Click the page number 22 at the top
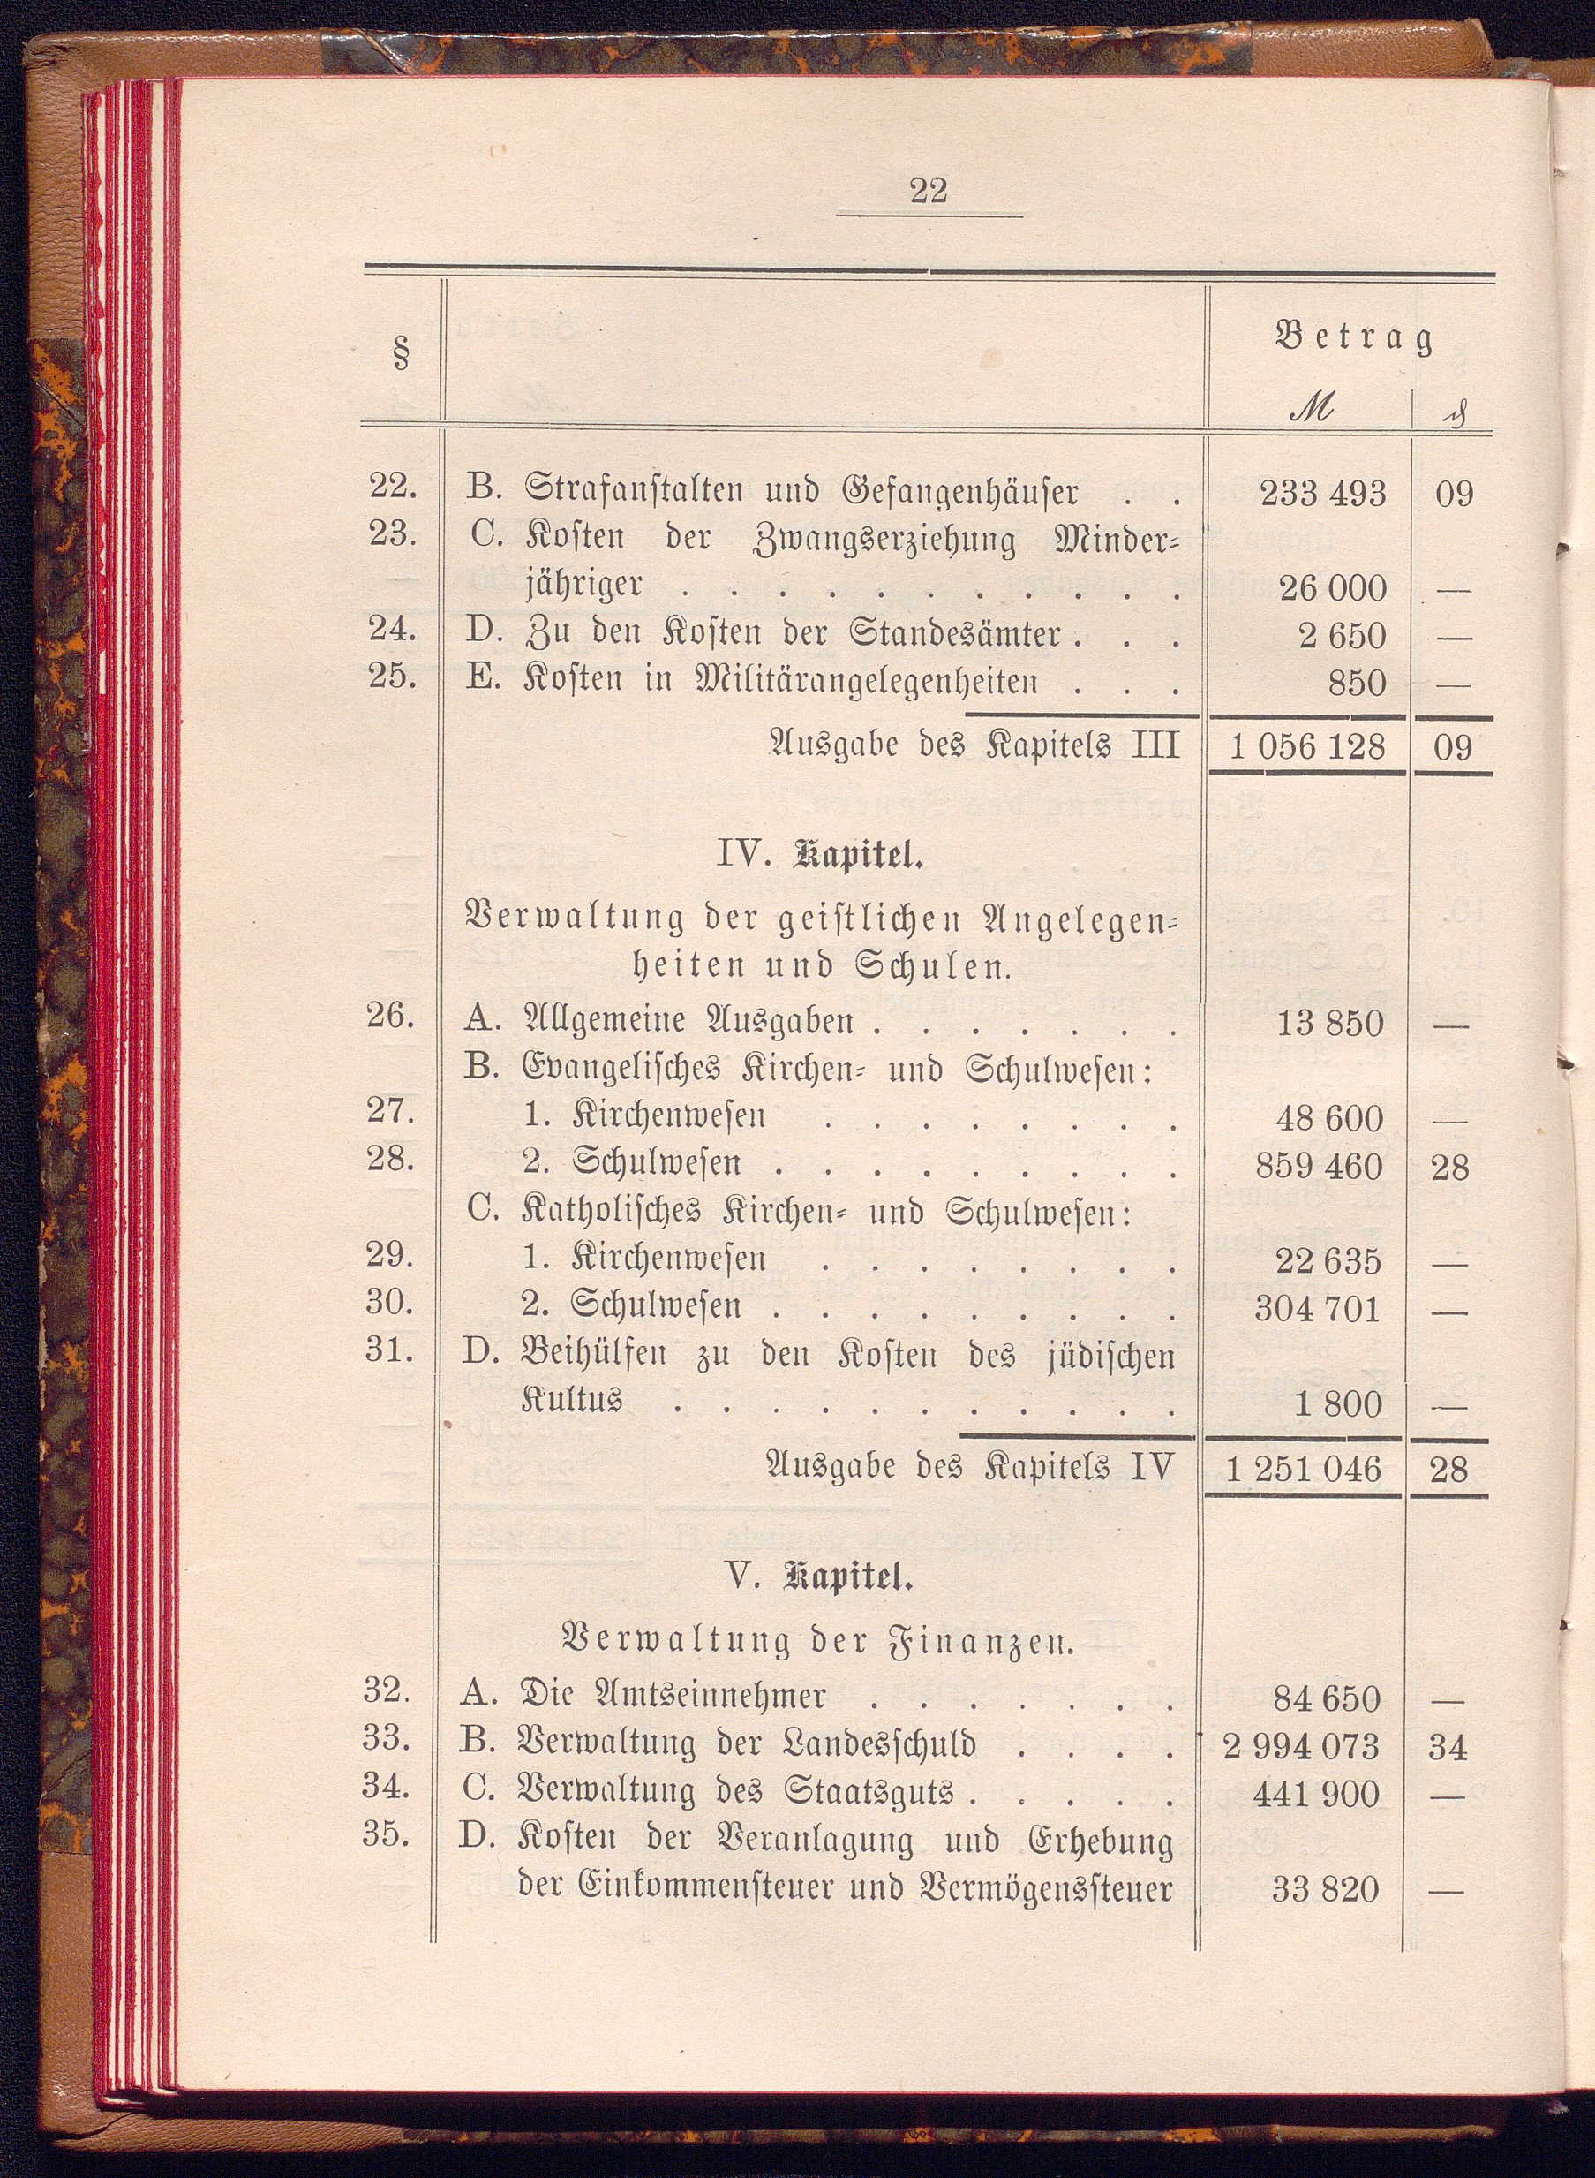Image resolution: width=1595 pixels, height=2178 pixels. [x=928, y=190]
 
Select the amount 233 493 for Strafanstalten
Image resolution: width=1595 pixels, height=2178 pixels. [x=1323, y=494]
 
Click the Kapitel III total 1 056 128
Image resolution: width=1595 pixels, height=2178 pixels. [x=1308, y=746]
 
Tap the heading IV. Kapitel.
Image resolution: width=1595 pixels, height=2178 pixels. [x=820, y=856]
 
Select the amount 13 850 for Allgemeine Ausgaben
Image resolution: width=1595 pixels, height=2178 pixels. [x=1329, y=1023]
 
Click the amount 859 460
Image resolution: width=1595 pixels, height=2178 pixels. [x=1319, y=1167]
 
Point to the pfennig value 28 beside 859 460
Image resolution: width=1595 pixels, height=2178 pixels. [x=1449, y=1168]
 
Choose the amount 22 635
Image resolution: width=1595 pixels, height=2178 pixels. [x=1329, y=1261]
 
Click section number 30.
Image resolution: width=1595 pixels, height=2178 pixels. [x=390, y=1302]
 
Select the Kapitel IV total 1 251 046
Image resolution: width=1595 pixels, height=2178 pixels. [x=1304, y=1469]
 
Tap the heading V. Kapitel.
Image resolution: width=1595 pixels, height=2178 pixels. [x=820, y=1578]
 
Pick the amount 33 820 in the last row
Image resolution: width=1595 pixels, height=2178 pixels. [x=1326, y=1889]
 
